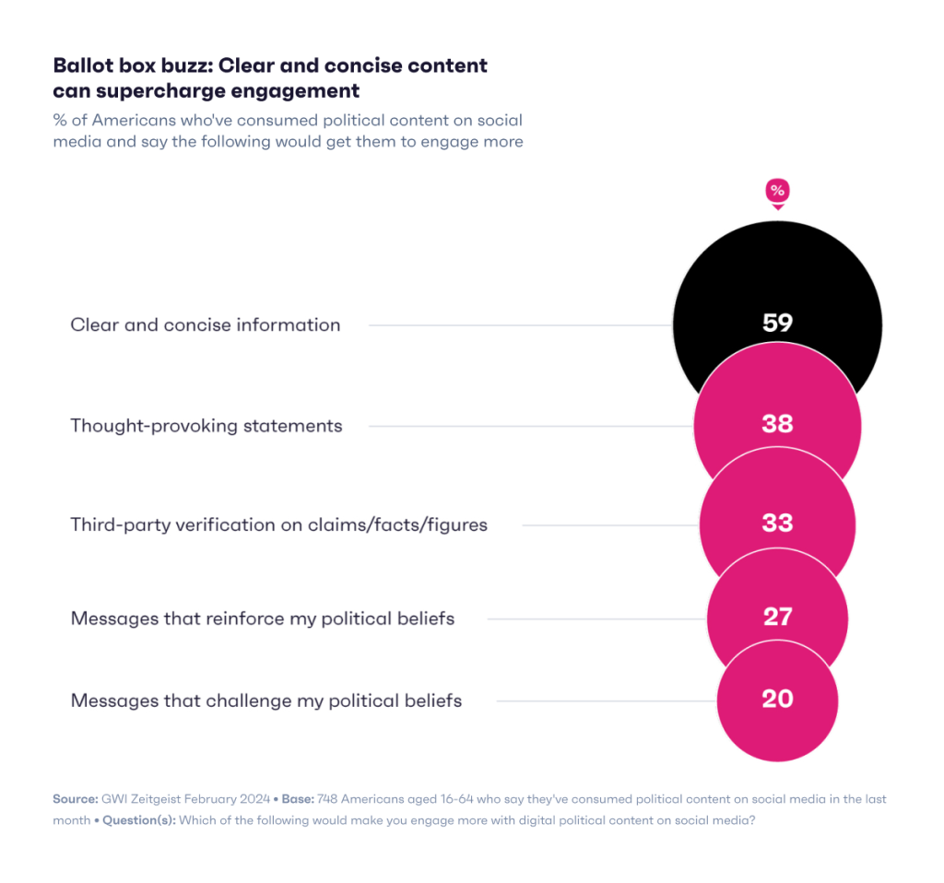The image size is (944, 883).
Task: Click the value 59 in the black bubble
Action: (x=777, y=323)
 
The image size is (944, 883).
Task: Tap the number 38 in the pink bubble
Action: (x=777, y=423)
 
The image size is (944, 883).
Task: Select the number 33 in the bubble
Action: (x=777, y=523)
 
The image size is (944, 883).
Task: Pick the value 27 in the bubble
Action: (x=777, y=616)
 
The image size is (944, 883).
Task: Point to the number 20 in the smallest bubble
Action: (x=777, y=699)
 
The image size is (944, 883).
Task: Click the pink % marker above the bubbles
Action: (x=777, y=192)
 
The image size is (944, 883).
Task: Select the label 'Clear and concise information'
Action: (x=205, y=324)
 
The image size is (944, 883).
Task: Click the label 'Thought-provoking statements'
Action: (x=206, y=425)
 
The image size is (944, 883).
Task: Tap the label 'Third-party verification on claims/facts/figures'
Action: (x=278, y=524)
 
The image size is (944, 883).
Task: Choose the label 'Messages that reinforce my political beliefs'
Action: (x=262, y=618)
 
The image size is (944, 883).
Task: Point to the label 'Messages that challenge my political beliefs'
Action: (x=265, y=701)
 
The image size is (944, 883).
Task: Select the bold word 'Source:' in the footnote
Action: (x=76, y=799)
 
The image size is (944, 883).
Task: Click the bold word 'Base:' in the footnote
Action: (x=295, y=799)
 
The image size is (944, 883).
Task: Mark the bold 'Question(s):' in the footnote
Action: (x=138, y=819)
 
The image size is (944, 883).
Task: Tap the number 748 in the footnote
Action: (x=329, y=799)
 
